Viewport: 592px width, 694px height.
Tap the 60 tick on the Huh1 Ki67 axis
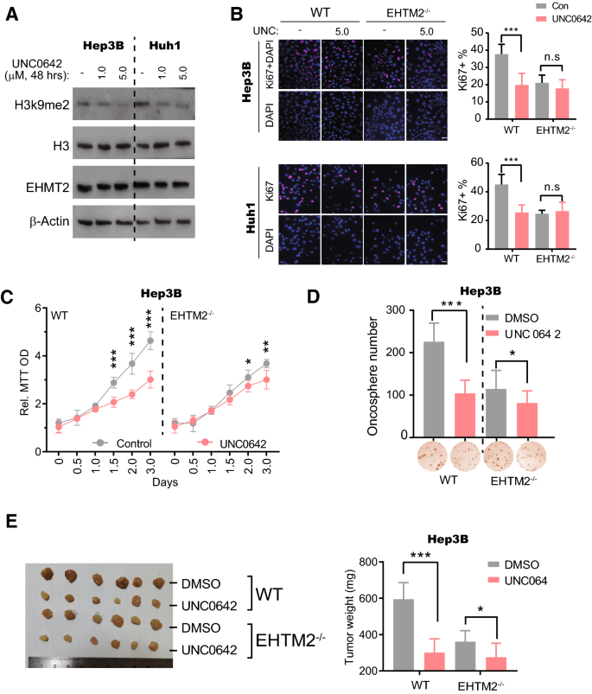[x=480, y=162]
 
